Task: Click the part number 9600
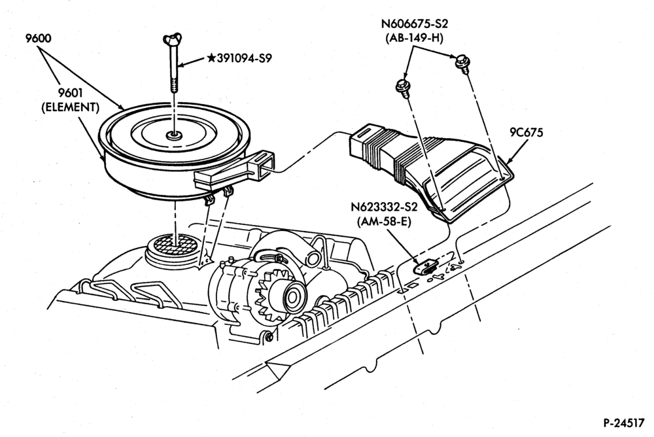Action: coord(38,39)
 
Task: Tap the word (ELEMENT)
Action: coord(71,107)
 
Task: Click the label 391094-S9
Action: coord(245,58)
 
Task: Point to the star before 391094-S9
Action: coord(211,58)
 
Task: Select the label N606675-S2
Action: coord(414,24)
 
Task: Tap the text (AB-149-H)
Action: coord(414,37)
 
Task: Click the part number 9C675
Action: coord(526,133)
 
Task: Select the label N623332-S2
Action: coord(384,207)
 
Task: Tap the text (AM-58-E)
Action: coord(384,222)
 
